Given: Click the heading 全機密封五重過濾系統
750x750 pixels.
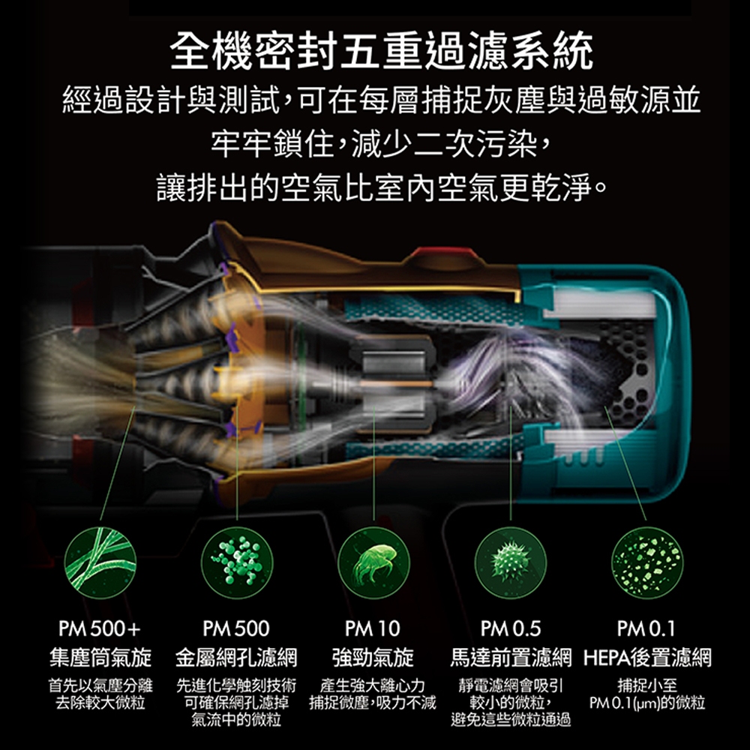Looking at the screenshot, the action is pyautogui.click(x=381, y=51).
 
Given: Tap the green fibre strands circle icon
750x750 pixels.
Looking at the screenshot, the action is pyautogui.click(x=100, y=562).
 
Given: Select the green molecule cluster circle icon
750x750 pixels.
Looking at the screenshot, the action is pyautogui.click(x=237, y=562).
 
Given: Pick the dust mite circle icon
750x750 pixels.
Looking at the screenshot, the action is pyautogui.click(x=373, y=562).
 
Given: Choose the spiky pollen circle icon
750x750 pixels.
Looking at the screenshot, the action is pyautogui.click(x=510, y=562).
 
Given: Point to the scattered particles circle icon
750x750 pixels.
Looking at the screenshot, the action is pyautogui.click(x=647, y=562).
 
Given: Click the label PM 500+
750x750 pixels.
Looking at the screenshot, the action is pyautogui.click(x=100, y=628).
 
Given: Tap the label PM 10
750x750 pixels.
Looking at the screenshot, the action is pyautogui.click(x=373, y=628).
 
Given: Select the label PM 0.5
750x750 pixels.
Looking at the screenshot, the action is pyautogui.click(x=510, y=628).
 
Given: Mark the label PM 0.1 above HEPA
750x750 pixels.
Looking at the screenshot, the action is pyautogui.click(x=646, y=628).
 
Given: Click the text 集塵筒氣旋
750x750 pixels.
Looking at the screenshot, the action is pyautogui.click(x=100, y=658).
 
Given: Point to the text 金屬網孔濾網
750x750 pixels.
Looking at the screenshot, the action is pyautogui.click(x=236, y=658).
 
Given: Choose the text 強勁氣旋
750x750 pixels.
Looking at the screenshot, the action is pyautogui.click(x=373, y=658).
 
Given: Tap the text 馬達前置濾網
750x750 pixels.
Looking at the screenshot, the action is pyautogui.click(x=511, y=658).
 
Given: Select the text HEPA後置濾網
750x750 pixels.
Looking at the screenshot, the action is pyautogui.click(x=647, y=658).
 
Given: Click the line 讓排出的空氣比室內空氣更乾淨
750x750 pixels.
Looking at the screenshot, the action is pyautogui.click(x=382, y=188).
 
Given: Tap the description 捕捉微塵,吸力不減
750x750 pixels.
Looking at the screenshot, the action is pyautogui.click(x=373, y=703).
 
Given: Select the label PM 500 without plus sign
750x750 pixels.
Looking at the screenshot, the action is pyautogui.click(x=236, y=628).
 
